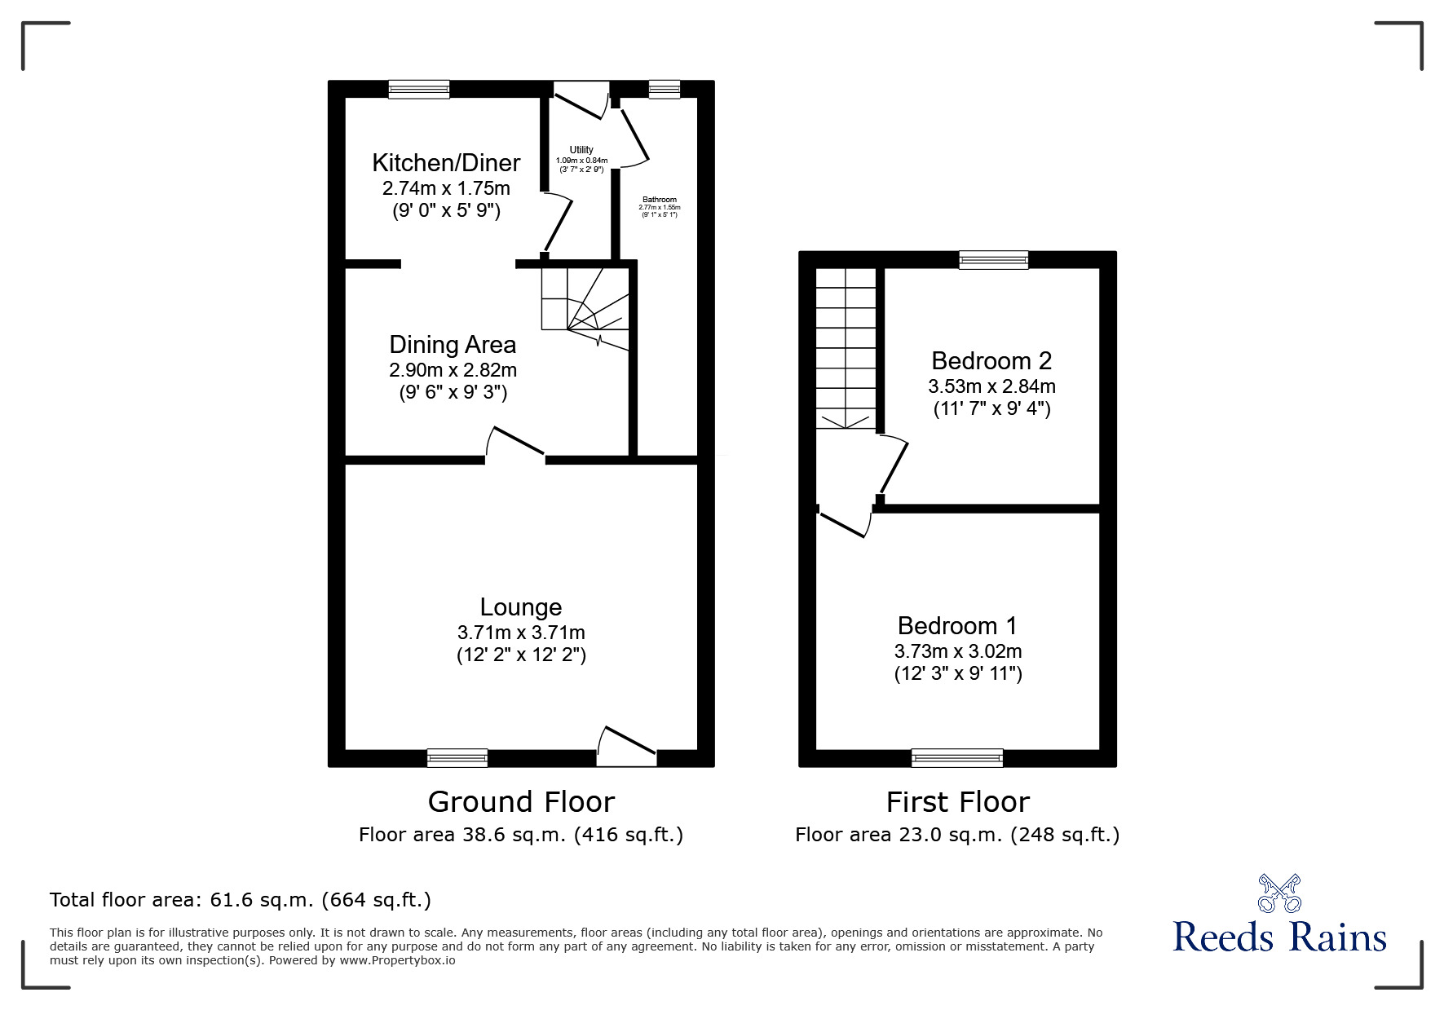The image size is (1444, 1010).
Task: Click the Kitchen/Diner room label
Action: pos(446,162)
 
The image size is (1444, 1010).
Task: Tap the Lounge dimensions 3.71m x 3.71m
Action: pos(521,633)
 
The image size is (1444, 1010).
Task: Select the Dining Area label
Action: pos(453,345)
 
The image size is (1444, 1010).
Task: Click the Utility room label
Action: pos(581,150)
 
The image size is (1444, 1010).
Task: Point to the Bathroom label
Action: pos(659,200)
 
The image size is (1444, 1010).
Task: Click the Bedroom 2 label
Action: pos(991,360)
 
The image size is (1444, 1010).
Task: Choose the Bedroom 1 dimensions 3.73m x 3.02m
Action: pos(958,651)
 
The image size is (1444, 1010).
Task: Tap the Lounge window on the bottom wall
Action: pos(457,758)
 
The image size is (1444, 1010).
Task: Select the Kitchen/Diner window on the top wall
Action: pos(418,89)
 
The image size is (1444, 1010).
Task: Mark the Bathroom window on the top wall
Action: pos(664,89)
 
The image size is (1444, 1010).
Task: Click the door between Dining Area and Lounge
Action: pos(515,447)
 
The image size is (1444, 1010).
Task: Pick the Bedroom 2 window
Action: pos(993,260)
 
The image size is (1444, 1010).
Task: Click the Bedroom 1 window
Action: pos(957,758)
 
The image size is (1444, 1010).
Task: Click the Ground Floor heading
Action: pos(521,802)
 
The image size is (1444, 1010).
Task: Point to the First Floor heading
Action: pos(957,802)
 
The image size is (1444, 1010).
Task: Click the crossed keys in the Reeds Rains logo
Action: pos(1279,893)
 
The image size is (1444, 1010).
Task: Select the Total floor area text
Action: pos(241,900)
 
